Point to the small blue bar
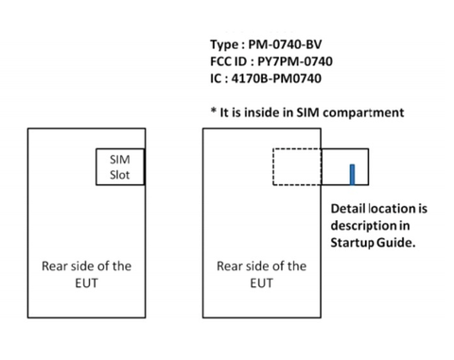pyautogui.click(x=352, y=175)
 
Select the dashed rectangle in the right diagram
pyautogui.click(x=297, y=167)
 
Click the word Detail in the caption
pyautogui.click(x=348, y=209)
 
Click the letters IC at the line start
pyautogui.click(x=218, y=79)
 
